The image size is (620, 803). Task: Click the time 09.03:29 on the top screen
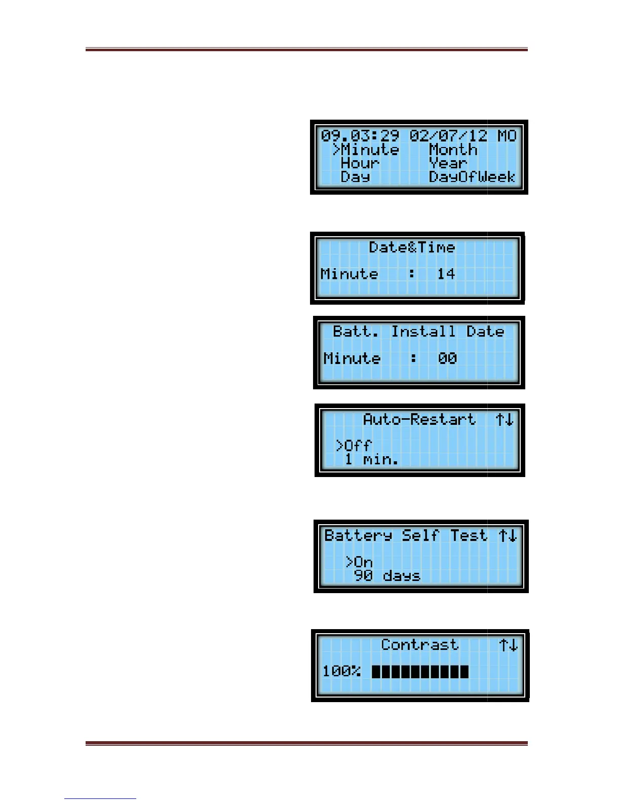[x=360, y=136]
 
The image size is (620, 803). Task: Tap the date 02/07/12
[x=448, y=136]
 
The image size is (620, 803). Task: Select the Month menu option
[x=453, y=150]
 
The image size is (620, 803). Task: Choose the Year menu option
[x=448, y=163]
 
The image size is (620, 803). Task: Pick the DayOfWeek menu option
[x=472, y=177]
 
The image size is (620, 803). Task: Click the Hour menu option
[x=360, y=163]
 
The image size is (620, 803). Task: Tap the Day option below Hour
[x=355, y=177]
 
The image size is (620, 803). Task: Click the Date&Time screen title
[x=412, y=247]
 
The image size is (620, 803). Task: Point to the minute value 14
[x=446, y=274]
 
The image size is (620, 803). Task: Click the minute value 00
[x=447, y=358]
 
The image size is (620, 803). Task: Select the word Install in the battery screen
[x=423, y=332]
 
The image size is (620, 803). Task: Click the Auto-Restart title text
[x=419, y=419]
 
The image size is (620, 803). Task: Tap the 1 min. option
[x=371, y=459]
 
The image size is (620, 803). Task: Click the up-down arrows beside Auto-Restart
[x=505, y=419]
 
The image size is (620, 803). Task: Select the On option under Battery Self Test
[x=363, y=562]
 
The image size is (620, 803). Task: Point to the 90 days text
[x=387, y=576]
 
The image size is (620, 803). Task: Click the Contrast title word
[x=420, y=645]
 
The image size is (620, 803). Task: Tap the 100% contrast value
[x=341, y=672]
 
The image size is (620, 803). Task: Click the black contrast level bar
[x=420, y=672]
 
